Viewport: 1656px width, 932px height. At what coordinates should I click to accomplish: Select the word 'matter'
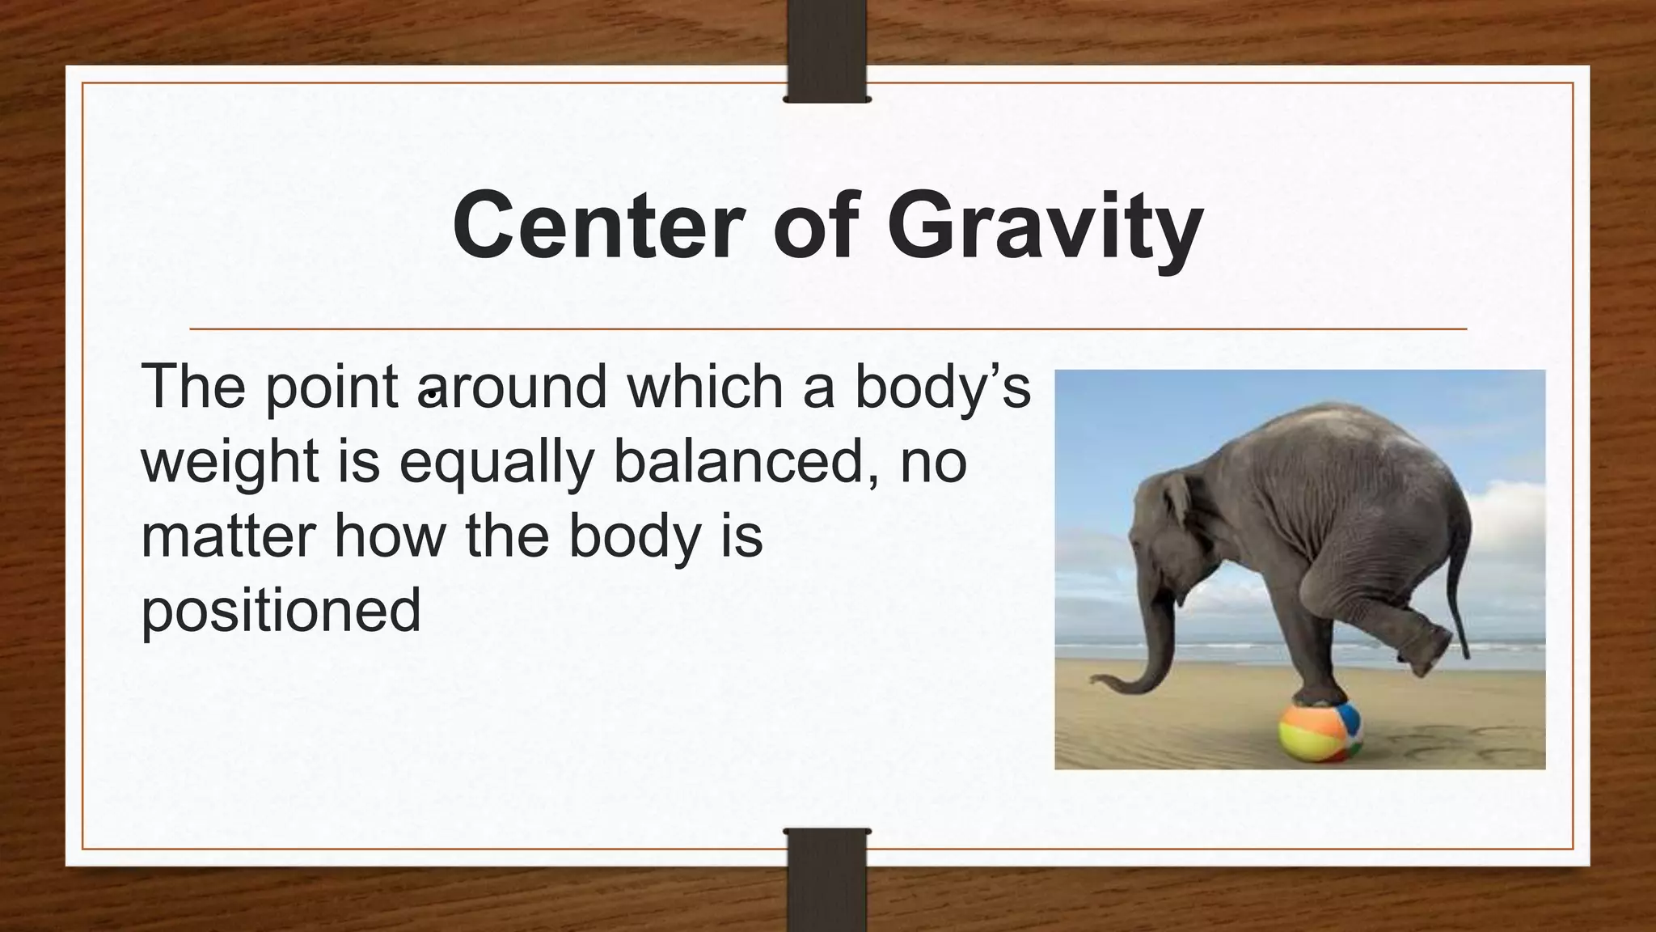(228, 537)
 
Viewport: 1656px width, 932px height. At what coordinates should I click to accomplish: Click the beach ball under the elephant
(1320, 731)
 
